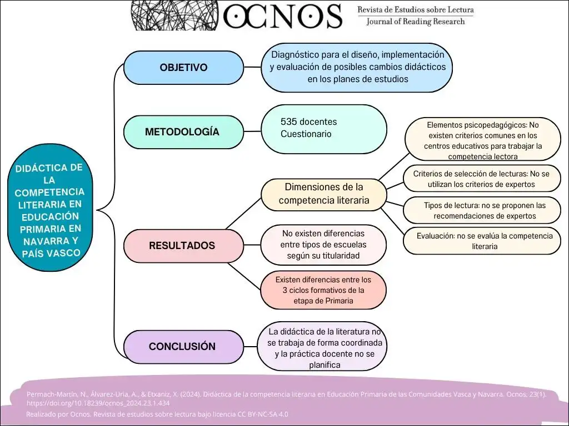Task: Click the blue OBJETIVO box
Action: [183, 68]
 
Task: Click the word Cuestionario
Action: [306, 134]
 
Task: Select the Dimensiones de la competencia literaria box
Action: [323, 194]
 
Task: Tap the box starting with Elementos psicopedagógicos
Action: [482, 140]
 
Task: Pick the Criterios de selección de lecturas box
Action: [481, 179]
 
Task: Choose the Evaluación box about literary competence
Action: [485, 241]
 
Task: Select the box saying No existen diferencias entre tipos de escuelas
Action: [323, 245]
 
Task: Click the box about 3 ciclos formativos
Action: [323, 290]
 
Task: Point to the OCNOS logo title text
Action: [282, 16]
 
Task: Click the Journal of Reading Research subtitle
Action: [416, 22]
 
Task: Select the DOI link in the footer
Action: [98, 403]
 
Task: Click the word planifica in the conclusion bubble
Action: [324, 364]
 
